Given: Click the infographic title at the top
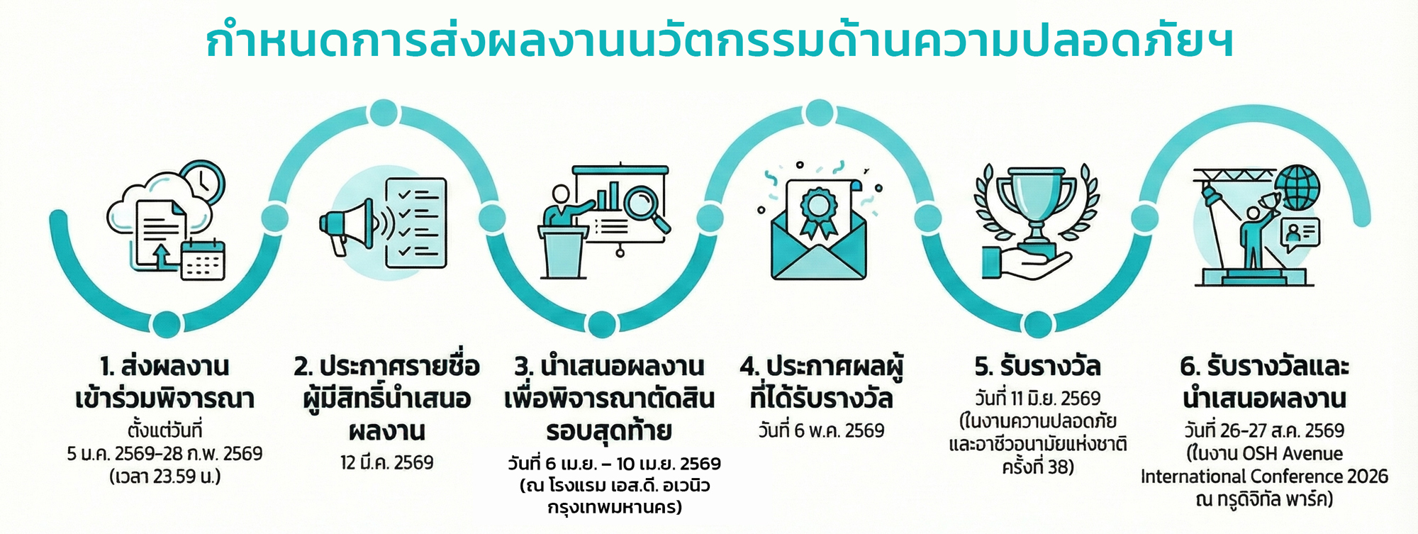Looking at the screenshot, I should click(x=719, y=41).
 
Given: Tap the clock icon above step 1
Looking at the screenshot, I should click(x=203, y=182).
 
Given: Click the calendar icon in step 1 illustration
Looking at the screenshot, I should click(x=203, y=260).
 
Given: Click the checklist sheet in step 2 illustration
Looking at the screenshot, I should click(x=416, y=223).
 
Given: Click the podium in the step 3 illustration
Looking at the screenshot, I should click(x=564, y=252).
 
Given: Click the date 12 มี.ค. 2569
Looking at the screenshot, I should click(x=386, y=462).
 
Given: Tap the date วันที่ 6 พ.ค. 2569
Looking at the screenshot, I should click(x=821, y=430).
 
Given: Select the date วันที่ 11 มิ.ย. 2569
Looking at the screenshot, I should click(x=1037, y=399).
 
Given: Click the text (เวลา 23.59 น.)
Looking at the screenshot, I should click(x=165, y=476).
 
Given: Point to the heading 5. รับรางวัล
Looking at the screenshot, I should click(x=1037, y=367).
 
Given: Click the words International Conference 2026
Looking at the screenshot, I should click(x=1264, y=476).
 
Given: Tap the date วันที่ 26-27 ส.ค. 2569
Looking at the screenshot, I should click(x=1264, y=430).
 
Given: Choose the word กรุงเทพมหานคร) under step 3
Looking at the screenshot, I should click(x=614, y=508).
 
